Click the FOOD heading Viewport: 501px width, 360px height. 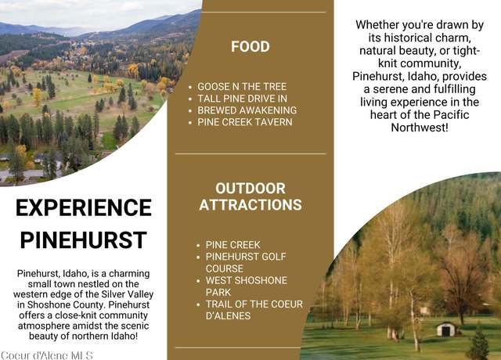250,47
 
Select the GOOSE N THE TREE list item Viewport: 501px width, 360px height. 242,87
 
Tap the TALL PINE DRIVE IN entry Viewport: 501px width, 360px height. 242,99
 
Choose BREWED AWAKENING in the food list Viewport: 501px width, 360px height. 247,110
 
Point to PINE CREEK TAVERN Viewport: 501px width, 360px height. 245,122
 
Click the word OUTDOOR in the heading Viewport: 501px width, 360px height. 250,189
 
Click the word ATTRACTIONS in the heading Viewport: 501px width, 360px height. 250,205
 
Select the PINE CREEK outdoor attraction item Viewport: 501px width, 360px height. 233,245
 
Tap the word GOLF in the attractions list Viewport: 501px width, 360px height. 274,257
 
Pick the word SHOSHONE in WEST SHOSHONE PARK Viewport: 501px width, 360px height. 260,280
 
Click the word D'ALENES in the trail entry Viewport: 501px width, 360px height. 228,316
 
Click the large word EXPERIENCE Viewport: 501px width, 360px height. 84,208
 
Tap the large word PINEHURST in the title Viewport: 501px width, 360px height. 84,240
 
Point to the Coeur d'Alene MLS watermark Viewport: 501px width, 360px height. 47,355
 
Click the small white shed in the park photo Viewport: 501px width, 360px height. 446,329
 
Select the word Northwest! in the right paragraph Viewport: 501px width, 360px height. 420,128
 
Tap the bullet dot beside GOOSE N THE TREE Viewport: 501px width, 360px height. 190,87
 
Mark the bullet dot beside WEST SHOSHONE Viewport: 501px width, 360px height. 198,281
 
